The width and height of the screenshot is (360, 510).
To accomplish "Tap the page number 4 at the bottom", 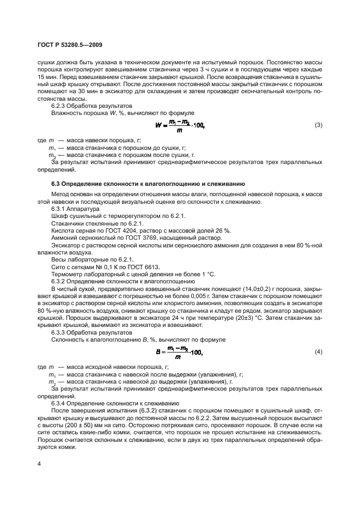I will pos(39,464).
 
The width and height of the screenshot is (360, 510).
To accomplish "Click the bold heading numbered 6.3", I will pos(148,184).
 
